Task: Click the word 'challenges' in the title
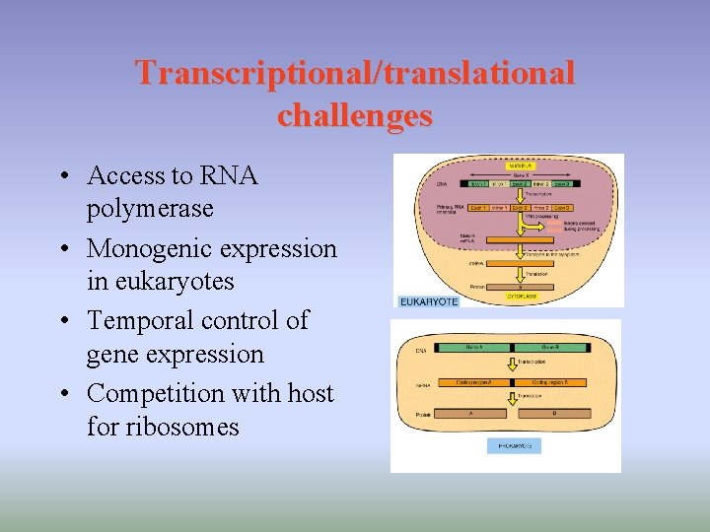point(355,115)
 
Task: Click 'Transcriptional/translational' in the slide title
point(355,73)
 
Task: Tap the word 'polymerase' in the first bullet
point(150,209)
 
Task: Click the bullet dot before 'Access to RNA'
point(63,176)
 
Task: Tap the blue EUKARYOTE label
point(429,301)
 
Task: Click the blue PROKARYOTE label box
point(514,446)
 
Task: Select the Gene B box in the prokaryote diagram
point(549,348)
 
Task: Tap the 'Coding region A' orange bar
point(476,382)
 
